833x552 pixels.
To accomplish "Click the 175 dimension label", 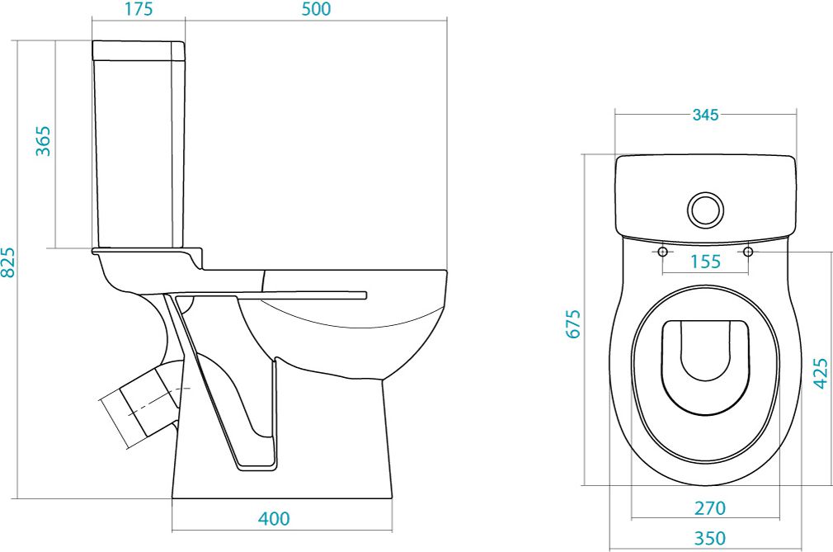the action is (x=139, y=9).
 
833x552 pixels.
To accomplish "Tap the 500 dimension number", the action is (x=316, y=9).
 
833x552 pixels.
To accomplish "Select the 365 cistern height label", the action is (x=44, y=141).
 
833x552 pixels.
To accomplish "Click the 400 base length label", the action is (x=274, y=518).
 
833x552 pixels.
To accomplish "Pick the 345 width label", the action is (x=705, y=114).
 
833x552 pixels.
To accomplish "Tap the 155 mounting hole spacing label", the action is (x=705, y=262).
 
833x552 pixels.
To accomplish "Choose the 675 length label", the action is (x=574, y=323).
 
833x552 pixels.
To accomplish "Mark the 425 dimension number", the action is (x=821, y=374).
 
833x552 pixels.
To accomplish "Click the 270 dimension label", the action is (x=710, y=508).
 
